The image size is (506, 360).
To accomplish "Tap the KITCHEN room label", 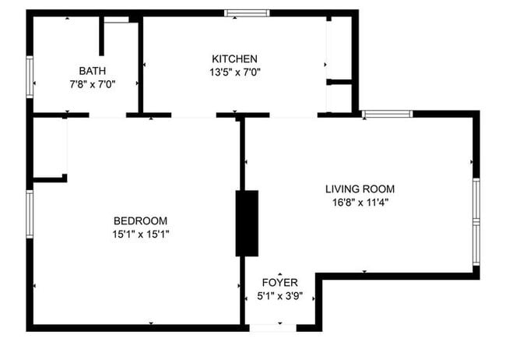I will tap(234, 58).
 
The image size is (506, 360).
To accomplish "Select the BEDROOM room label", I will tap(140, 221).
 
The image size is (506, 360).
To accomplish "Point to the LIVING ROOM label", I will tap(360, 189).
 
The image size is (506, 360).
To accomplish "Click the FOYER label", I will tap(280, 282).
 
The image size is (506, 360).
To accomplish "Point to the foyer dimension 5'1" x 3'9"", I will tap(280, 295).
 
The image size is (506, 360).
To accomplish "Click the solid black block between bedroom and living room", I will tap(247, 223).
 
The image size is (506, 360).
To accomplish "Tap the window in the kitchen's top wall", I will tap(247, 13).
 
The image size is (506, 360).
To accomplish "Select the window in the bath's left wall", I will tap(30, 76).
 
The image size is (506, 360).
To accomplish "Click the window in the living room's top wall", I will tap(388, 115).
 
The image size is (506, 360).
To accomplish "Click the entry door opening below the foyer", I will tap(272, 327).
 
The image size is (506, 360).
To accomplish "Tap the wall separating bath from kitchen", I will tap(141, 67).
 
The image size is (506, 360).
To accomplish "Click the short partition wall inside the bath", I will tap(101, 35).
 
